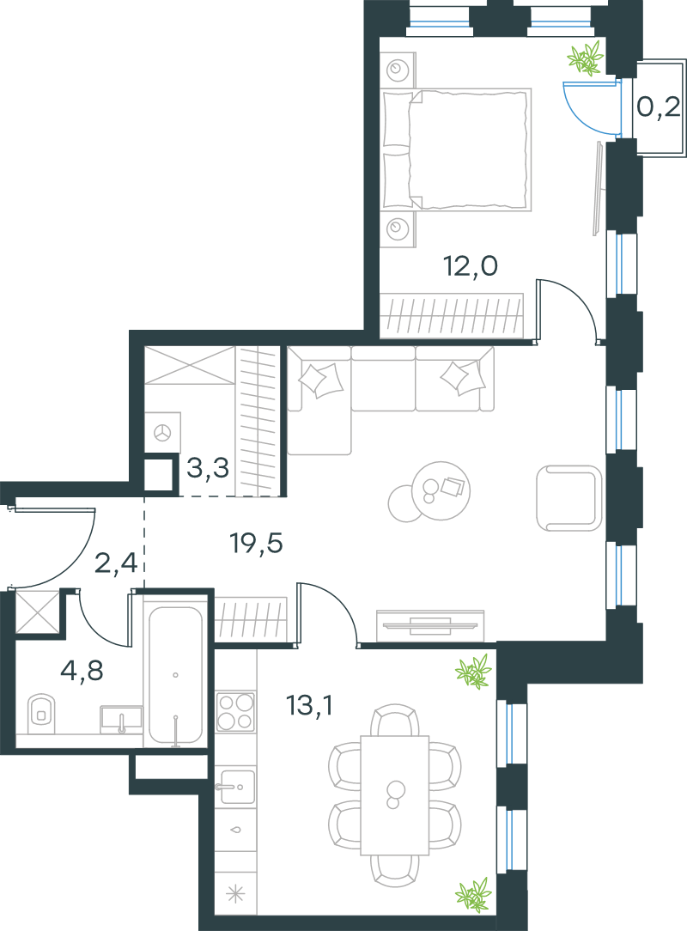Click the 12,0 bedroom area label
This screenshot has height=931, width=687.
pos(471,266)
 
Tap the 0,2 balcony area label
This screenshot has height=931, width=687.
pos(659,107)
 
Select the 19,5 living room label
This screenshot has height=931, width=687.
pos(257,544)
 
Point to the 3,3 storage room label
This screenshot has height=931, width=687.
pos(208,468)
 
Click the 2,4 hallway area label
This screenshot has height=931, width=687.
pos(117,563)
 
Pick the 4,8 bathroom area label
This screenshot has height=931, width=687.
pos(82,671)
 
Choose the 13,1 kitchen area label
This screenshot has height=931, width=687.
pos(309,705)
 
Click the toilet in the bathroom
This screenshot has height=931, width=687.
pos(41,715)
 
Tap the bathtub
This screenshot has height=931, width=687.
pos(176,675)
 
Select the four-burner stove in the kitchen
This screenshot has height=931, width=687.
pos(236,712)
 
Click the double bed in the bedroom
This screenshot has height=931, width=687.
pos(456,149)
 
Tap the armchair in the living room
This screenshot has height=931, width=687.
pos(568,497)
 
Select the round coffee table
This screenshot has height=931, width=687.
pos(440,490)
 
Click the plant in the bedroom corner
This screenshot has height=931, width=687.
pos(586,58)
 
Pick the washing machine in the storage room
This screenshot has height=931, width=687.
pos(162,432)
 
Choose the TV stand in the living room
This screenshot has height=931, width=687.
pos(430,626)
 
